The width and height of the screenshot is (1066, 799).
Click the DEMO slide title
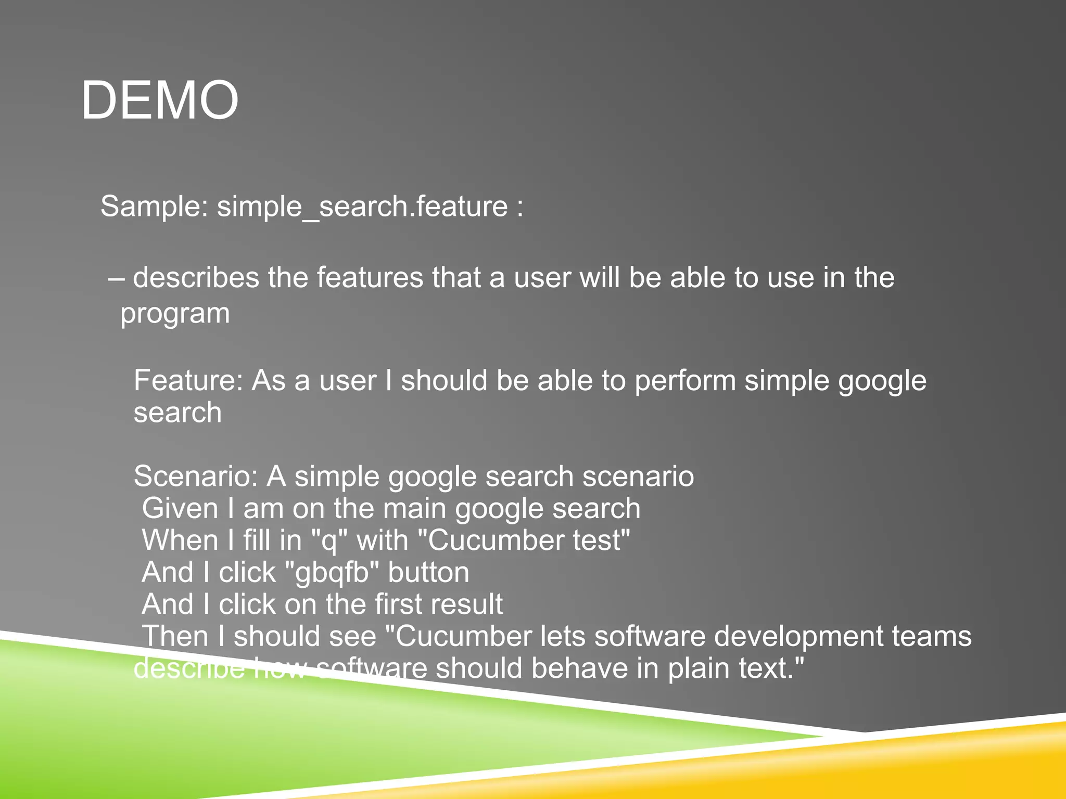click(160, 100)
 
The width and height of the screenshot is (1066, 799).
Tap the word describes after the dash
click(196, 277)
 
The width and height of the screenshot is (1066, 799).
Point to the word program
click(175, 314)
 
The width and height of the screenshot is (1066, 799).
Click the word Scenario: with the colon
click(196, 476)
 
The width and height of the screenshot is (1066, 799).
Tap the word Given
click(180, 508)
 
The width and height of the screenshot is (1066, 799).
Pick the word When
click(180, 540)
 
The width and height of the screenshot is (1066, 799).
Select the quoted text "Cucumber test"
click(525, 540)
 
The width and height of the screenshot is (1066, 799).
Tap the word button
click(428, 572)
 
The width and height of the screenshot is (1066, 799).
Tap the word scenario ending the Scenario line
click(638, 476)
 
